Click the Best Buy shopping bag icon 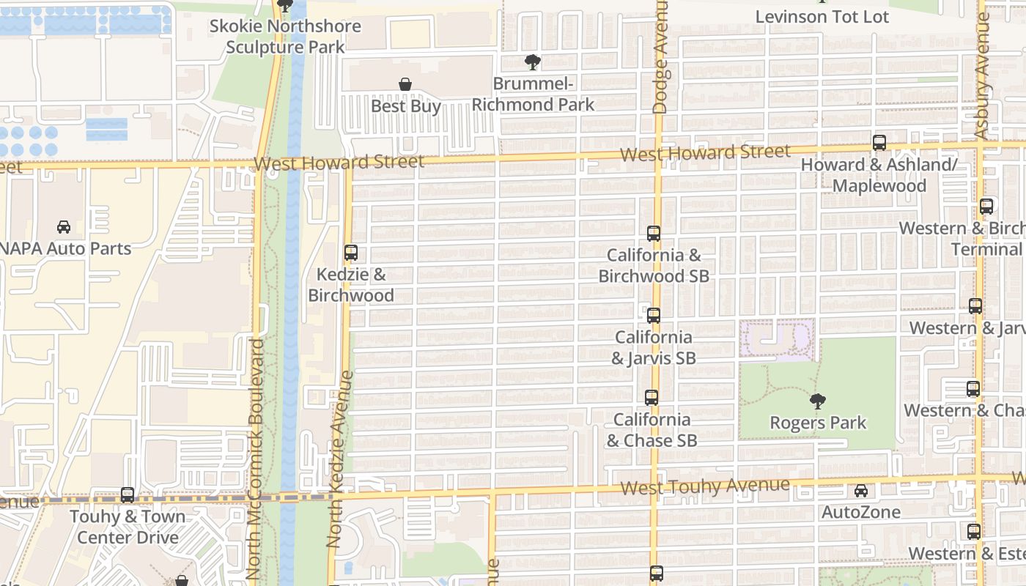point(405,85)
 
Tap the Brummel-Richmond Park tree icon point(533,63)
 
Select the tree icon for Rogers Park point(818,401)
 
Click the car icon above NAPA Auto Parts point(64,227)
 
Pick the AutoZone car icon point(861,491)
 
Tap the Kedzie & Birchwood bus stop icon point(351,253)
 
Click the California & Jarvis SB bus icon point(654,316)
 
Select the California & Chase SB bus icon point(652,398)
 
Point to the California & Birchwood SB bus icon point(654,234)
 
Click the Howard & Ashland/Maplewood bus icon point(879,143)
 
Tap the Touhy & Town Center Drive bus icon point(128,495)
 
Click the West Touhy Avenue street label point(704,486)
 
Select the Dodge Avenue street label point(660,57)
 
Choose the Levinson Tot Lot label point(822,16)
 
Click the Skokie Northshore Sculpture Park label point(285,37)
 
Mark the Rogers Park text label point(818,423)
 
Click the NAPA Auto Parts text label point(65,249)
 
